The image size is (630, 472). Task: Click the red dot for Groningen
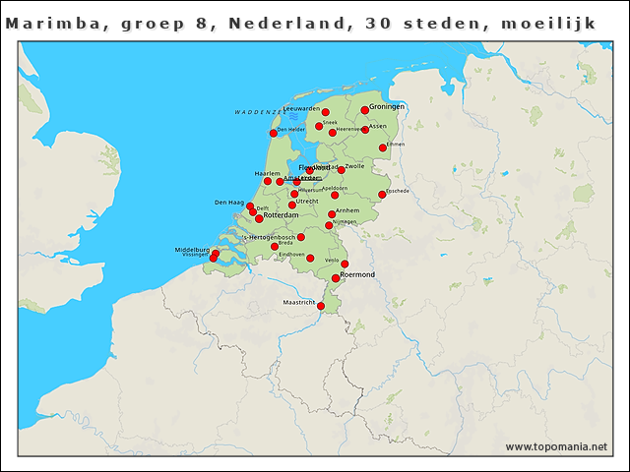pyautogui.click(x=364, y=110)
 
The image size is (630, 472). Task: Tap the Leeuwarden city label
pyautogui.click(x=301, y=108)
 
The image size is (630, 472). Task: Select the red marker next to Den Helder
pyautogui.click(x=273, y=133)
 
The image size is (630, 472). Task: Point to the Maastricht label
pyautogui.click(x=298, y=302)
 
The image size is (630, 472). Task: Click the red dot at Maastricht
pyautogui.click(x=321, y=306)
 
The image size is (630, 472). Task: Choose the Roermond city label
pyautogui.click(x=358, y=274)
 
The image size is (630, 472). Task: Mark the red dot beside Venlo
pyautogui.click(x=345, y=264)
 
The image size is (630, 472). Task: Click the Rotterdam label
pyautogui.click(x=282, y=215)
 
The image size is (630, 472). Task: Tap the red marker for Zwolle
pyautogui.click(x=341, y=169)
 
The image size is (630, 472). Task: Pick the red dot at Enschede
pyautogui.click(x=382, y=195)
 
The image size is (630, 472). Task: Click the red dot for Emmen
pyautogui.click(x=382, y=148)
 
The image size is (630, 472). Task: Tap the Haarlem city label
pyautogui.click(x=267, y=173)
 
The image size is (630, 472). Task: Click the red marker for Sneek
pyautogui.click(x=319, y=126)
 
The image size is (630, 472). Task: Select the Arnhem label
pyautogui.click(x=347, y=210)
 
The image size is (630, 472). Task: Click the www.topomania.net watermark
pyautogui.click(x=556, y=447)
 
